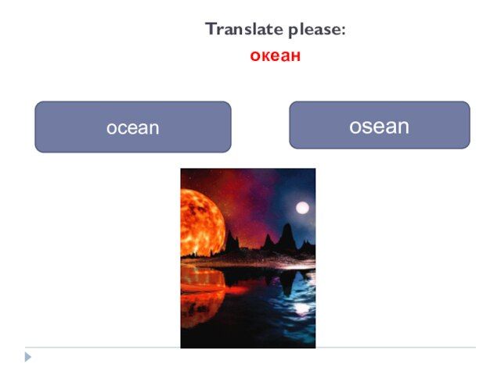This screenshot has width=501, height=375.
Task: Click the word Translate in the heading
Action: tap(244, 29)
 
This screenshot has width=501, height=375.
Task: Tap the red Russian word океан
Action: tap(275, 55)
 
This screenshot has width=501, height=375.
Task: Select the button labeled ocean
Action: tap(133, 127)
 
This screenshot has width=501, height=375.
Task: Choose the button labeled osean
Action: tap(380, 125)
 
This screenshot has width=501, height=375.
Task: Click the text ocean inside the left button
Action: tap(133, 128)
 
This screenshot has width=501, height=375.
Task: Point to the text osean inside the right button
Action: tap(379, 127)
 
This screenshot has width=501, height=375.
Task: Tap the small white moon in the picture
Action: tap(302, 209)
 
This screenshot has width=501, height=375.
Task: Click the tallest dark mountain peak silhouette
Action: tap(287, 236)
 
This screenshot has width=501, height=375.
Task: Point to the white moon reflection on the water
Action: tap(301, 308)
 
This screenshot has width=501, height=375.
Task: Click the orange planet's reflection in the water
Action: tap(201, 297)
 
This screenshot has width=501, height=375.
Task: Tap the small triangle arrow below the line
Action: tap(28, 357)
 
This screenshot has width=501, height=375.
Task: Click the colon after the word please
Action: tap(344, 30)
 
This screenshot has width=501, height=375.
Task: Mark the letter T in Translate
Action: tap(211, 29)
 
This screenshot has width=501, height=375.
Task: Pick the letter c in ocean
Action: tap(124, 128)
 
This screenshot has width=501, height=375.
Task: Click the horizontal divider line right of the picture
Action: tap(395, 347)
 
